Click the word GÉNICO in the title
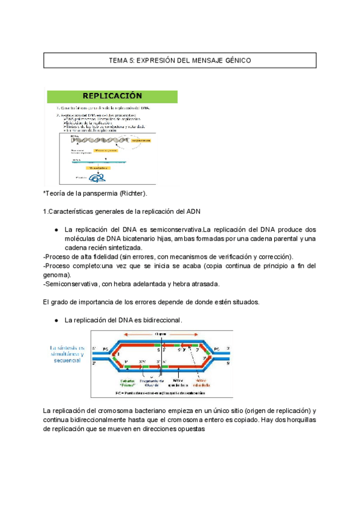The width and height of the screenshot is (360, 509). pos(235,61)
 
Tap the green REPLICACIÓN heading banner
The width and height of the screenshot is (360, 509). pos(112,96)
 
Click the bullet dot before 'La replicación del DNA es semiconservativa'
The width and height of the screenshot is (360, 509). pos(55,230)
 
